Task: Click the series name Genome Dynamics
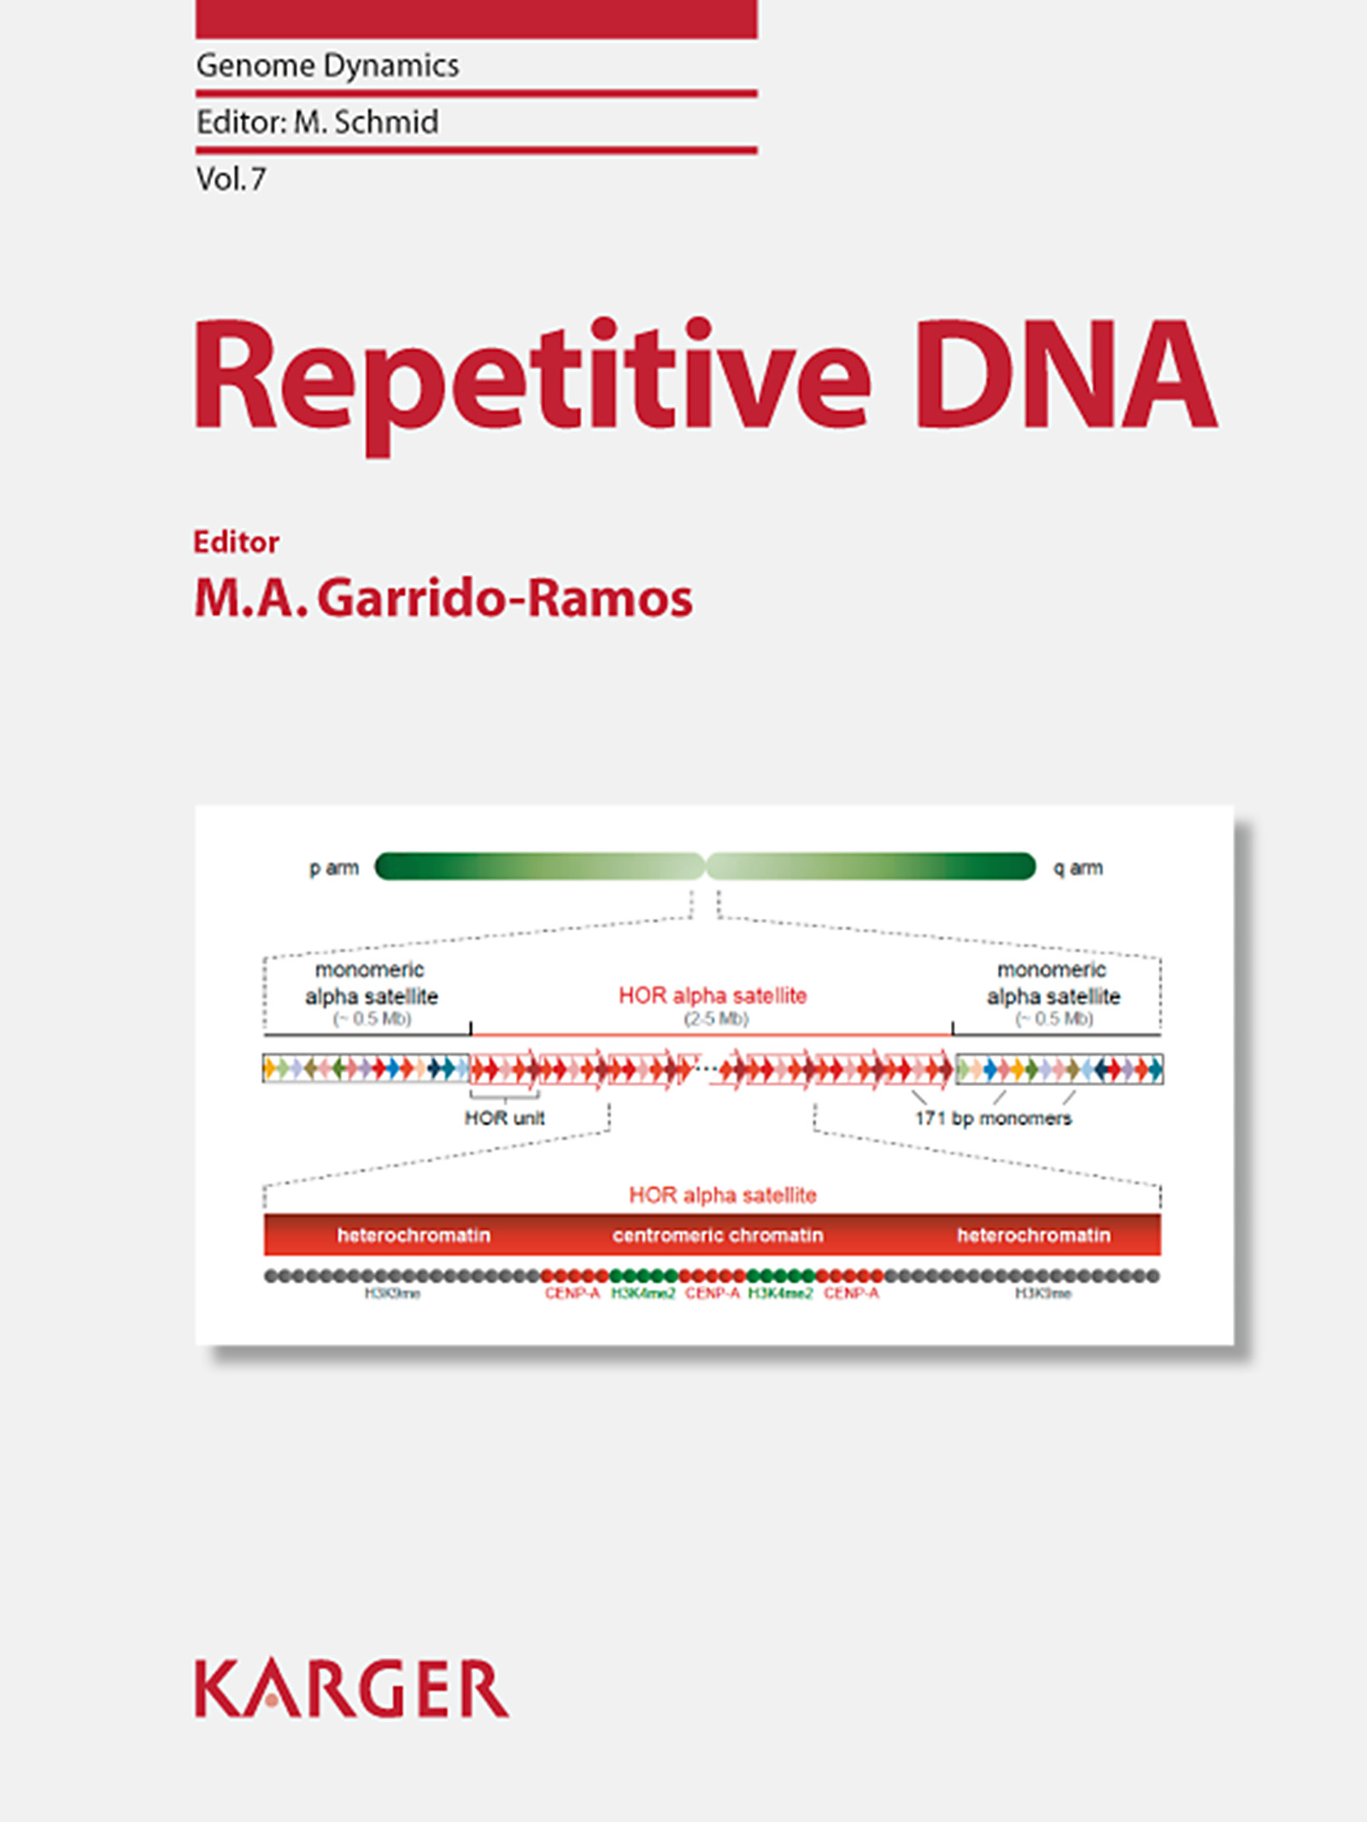pyautogui.click(x=327, y=66)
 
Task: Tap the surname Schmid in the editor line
pyautogui.click(x=386, y=122)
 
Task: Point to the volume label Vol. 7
pyautogui.click(x=231, y=179)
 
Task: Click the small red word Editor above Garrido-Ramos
pyautogui.click(x=236, y=542)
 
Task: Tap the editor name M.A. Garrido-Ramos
pyautogui.click(x=443, y=597)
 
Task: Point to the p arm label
pyautogui.click(x=333, y=868)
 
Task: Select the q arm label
pyautogui.click(x=1078, y=868)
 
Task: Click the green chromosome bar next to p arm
pyautogui.click(x=538, y=867)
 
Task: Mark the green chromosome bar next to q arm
pyautogui.click(x=871, y=867)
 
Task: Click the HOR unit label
pyautogui.click(x=504, y=1118)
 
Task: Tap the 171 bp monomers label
pyautogui.click(x=993, y=1118)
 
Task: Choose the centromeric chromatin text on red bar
pyautogui.click(x=718, y=1235)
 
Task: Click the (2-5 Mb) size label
pyautogui.click(x=716, y=1019)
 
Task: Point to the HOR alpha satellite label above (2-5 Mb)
pyautogui.click(x=713, y=996)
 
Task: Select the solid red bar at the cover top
pyautogui.click(x=476, y=19)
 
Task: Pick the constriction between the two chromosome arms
pyautogui.click(x=706, y=867)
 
